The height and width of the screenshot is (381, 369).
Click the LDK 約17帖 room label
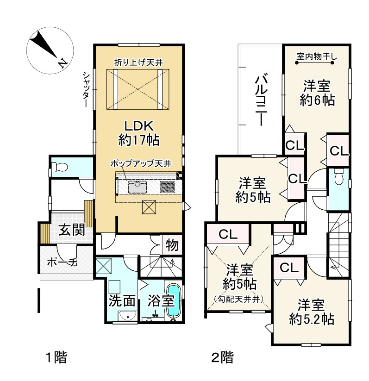coord(139,133)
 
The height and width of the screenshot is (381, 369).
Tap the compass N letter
coord(63,63)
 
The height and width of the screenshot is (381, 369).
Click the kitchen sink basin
coord(138,187)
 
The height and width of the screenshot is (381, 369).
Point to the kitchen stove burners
coord(167,187)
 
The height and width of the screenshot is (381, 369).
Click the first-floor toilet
coord(59,167)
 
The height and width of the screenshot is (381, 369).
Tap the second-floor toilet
coord(338,177)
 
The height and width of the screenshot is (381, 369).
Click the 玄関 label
coord(72,230)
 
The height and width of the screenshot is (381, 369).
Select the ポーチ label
coord(62,262)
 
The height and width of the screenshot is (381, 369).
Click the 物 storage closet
coord(172,245)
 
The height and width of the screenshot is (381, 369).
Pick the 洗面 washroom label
coord(122,301)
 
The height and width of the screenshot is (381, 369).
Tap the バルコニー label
coord(261,100)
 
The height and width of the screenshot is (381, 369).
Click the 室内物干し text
coord(317,56)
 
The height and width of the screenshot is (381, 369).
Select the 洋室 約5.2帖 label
coord(312,312)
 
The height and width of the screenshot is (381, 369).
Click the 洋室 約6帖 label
coord(317,93)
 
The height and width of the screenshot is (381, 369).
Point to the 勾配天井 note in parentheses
coord(239,300)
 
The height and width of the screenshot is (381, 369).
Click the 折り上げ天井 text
coord(138,62)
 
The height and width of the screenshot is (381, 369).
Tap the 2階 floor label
coord(222,357)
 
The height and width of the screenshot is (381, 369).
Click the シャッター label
coord(86,90)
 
